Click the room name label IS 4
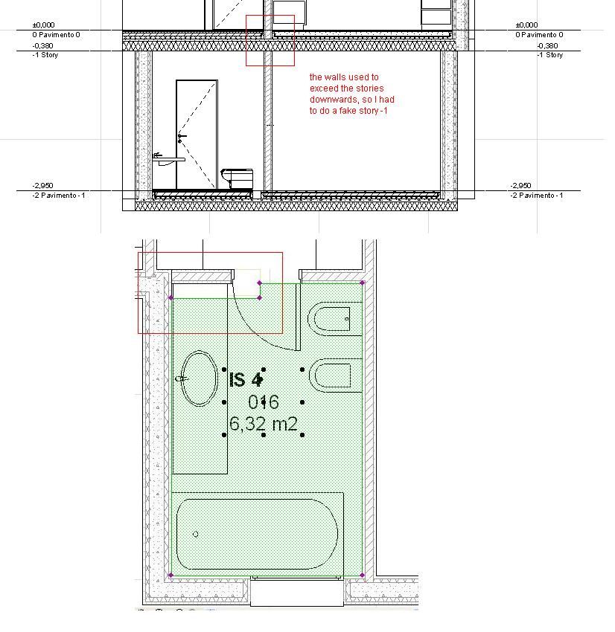(x=246, y=380)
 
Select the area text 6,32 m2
(x=264, y=424)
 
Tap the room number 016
(x=264, y=402)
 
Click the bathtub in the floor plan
(x=257, y=535)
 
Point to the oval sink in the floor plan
(x=200, y=378)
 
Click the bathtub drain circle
(x=196, y=535)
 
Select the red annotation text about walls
(x=352, y=94)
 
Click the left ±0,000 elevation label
(x=44, y=25)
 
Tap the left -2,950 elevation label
(x=42, y=185)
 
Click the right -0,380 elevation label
(x=547, y=45)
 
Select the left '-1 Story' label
(x=45, y=55)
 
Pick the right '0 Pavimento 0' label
(x=539, y=35)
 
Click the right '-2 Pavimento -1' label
(x=537, y=196)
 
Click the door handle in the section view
(x=181, y=138)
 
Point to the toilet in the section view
(x=238, y=178)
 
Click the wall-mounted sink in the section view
(x=168, y=160)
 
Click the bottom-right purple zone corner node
(x=362, y=575)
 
